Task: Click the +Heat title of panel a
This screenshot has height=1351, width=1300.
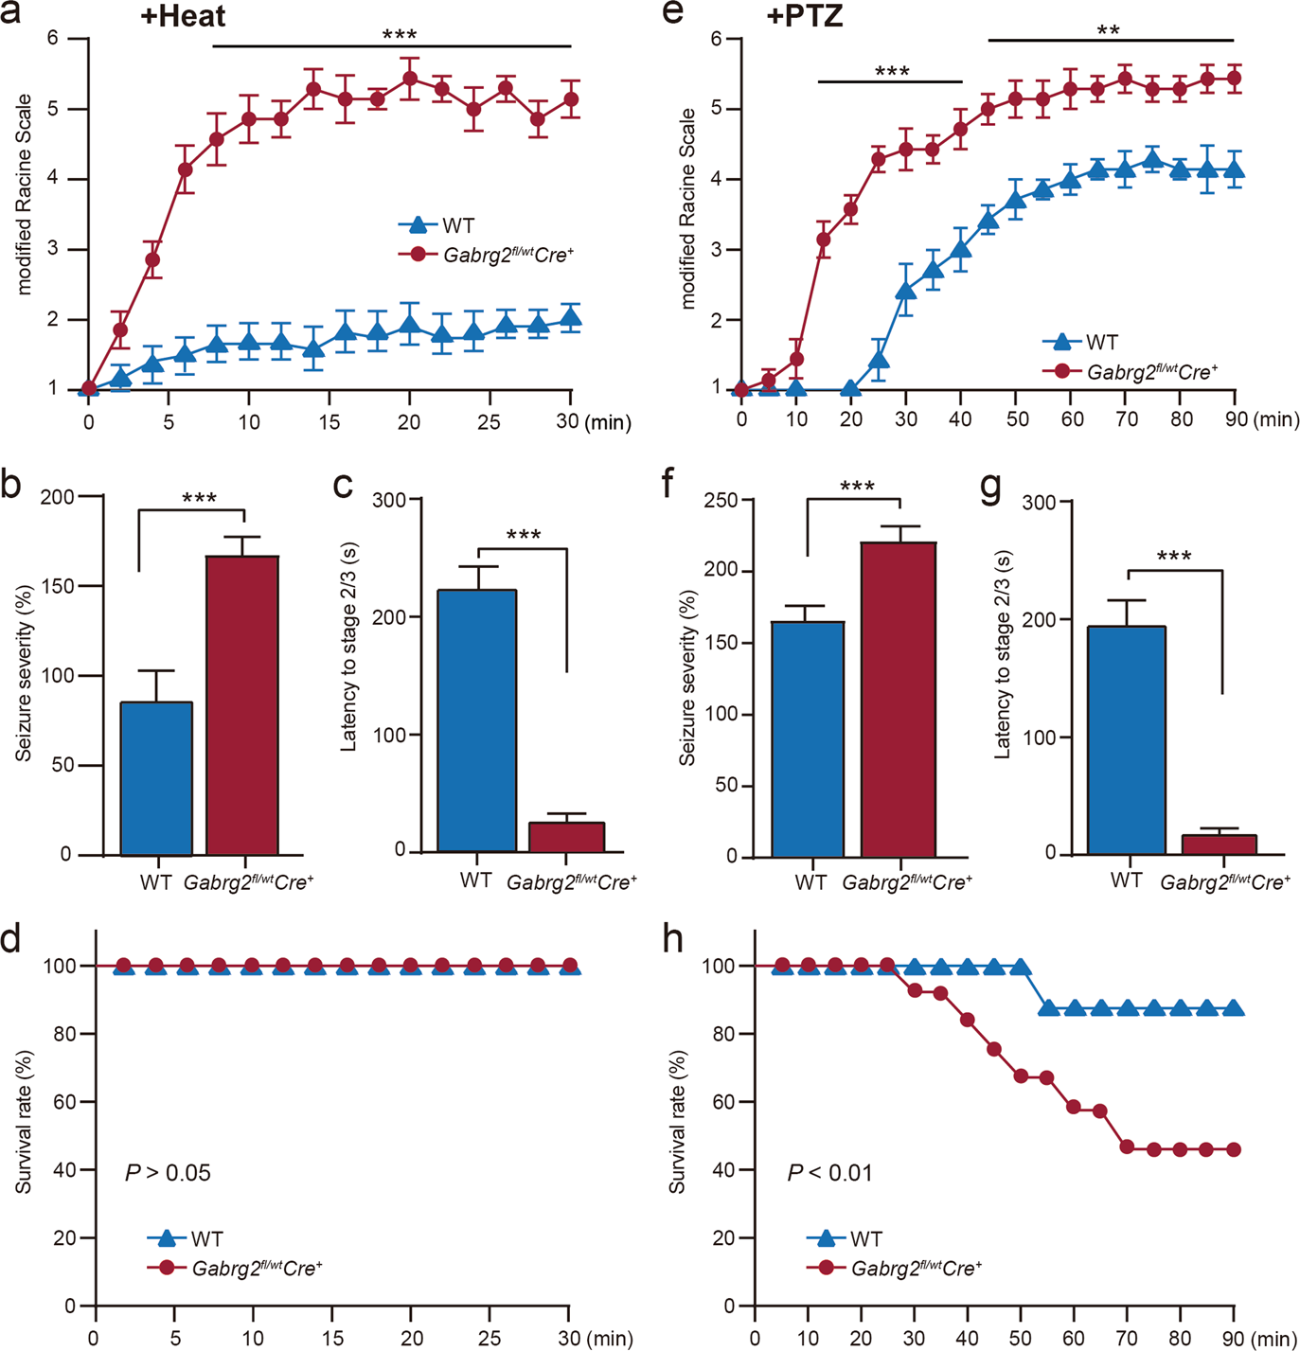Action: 183,17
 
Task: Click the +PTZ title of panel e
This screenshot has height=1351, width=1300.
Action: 804,17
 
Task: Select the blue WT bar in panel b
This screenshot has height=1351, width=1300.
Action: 156,778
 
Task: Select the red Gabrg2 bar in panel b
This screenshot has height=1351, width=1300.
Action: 242,705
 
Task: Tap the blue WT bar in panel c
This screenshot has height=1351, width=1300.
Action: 477,720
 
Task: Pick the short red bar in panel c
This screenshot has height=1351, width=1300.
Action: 565,837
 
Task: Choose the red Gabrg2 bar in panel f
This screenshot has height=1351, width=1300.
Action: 899,700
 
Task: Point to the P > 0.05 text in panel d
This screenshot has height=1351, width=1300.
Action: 168,1173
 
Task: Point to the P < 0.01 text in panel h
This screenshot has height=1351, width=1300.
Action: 830,1173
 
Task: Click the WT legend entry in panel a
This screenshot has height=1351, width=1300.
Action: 437,225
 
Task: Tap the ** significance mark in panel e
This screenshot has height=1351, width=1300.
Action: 1109,30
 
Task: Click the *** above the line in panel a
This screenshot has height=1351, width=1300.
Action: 399,36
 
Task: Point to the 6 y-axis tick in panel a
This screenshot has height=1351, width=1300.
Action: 53,38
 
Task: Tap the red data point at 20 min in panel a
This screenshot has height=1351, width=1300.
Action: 410,79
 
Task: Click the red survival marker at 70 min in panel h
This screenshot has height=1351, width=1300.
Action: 1127,1147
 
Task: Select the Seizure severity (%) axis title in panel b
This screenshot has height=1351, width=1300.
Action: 24,673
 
